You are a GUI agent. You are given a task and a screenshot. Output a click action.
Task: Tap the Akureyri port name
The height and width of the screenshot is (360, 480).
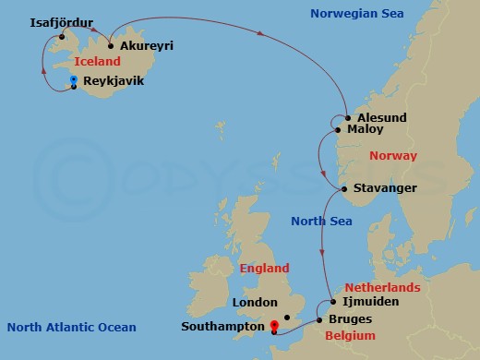(146, 45)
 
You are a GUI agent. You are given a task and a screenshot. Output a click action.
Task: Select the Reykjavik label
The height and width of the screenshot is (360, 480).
(114, 81)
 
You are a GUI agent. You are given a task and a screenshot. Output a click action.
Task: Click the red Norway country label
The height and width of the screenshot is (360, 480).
(392, 156)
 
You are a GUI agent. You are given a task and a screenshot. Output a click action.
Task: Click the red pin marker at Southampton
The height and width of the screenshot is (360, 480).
(274, 326)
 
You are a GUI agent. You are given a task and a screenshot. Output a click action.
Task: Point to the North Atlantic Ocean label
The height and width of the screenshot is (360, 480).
(71, 327)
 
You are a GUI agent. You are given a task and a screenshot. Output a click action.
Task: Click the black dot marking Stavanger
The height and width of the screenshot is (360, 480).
(343, 189)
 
